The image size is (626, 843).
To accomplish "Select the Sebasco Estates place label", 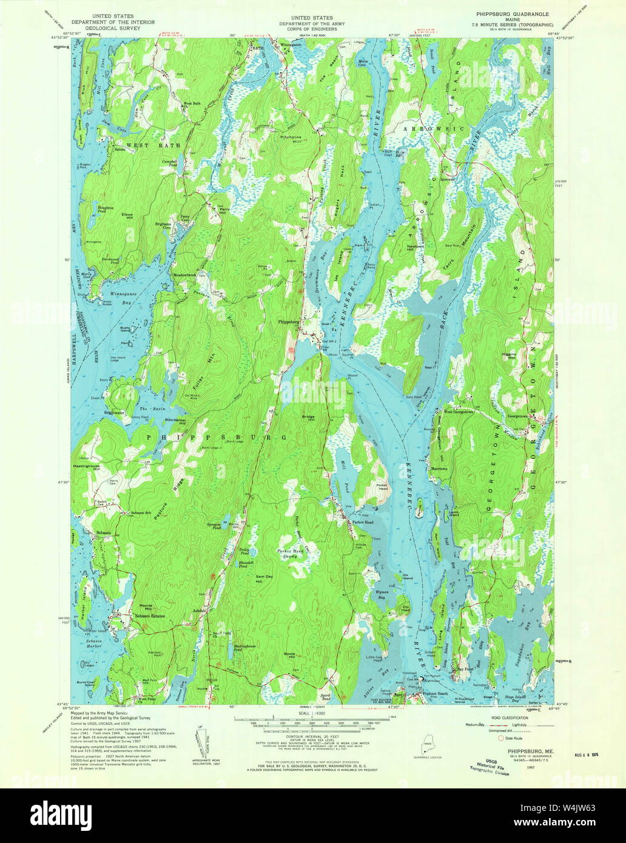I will [149, 616].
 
